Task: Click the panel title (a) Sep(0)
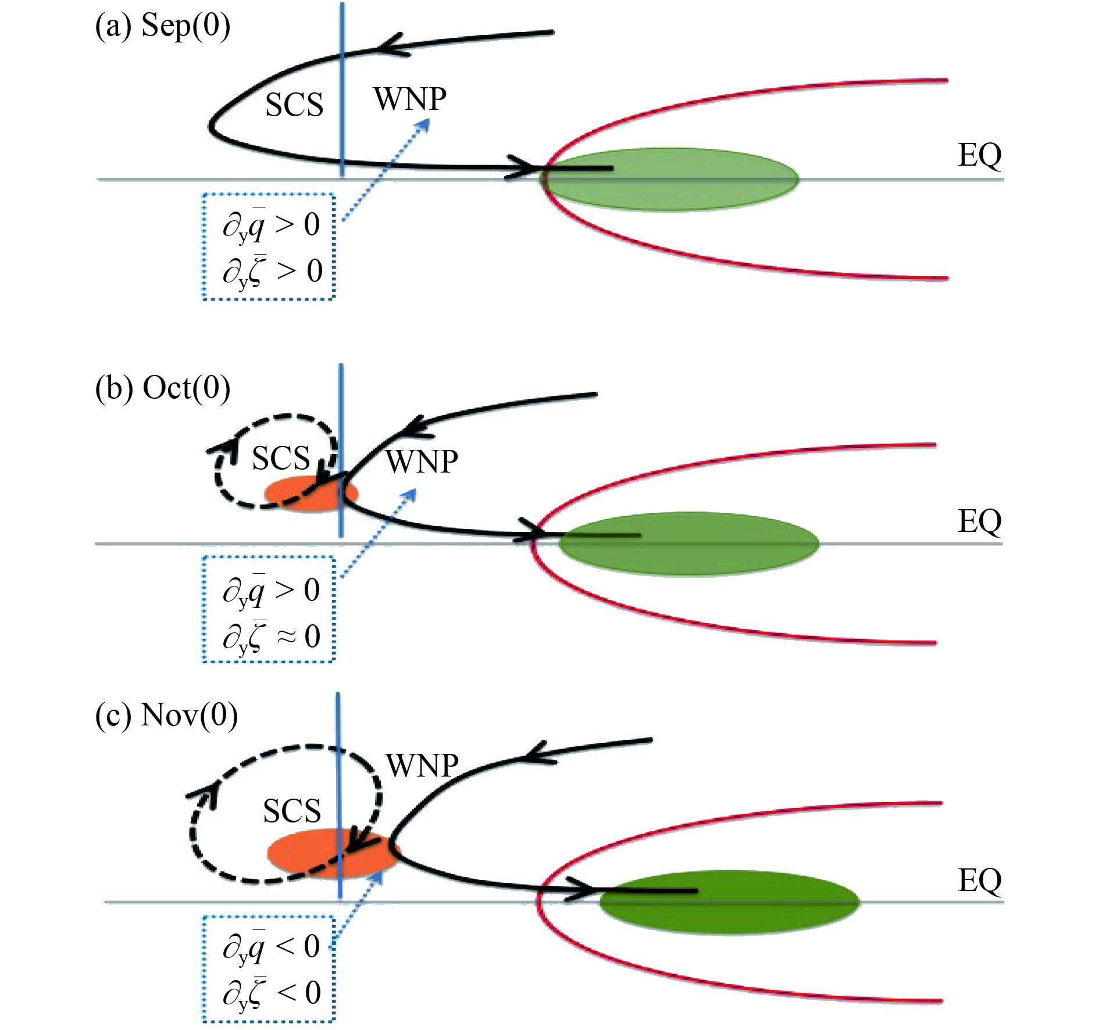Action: click(x=163, y=26)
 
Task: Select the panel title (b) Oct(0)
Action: click(x=163, y=388)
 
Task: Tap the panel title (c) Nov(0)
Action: click(x=166, y=715)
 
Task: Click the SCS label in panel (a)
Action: click(x=294, y=106)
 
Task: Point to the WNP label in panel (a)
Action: click(x=410, y=99)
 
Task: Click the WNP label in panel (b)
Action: click(x=422, y=463)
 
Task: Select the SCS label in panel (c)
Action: click(x=291, y=811)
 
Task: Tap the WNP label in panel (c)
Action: click(x=422, y=766)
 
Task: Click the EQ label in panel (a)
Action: click(x=980, y=156)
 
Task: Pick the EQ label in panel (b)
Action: click(x=980, y=521)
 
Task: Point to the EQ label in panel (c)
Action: click(x=980, y=881)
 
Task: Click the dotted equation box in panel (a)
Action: click(x=269, y=246)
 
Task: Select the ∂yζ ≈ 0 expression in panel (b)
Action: click(x=271, y=636)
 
